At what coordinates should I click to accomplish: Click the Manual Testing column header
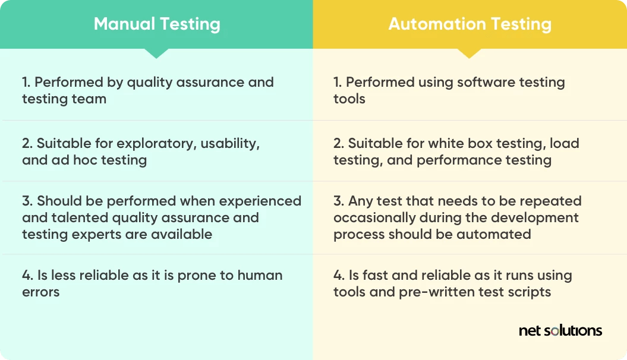tap(157, 24)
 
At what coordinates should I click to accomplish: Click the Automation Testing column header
tap(470, 24)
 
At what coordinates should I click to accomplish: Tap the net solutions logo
tap(560, 331)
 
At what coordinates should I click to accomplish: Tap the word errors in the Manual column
tap(41, 292)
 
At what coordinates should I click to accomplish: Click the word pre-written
tap(454, 292)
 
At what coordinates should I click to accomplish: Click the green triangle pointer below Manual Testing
tap(156, 53)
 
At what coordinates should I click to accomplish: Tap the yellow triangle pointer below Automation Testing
tap(470, 53)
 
